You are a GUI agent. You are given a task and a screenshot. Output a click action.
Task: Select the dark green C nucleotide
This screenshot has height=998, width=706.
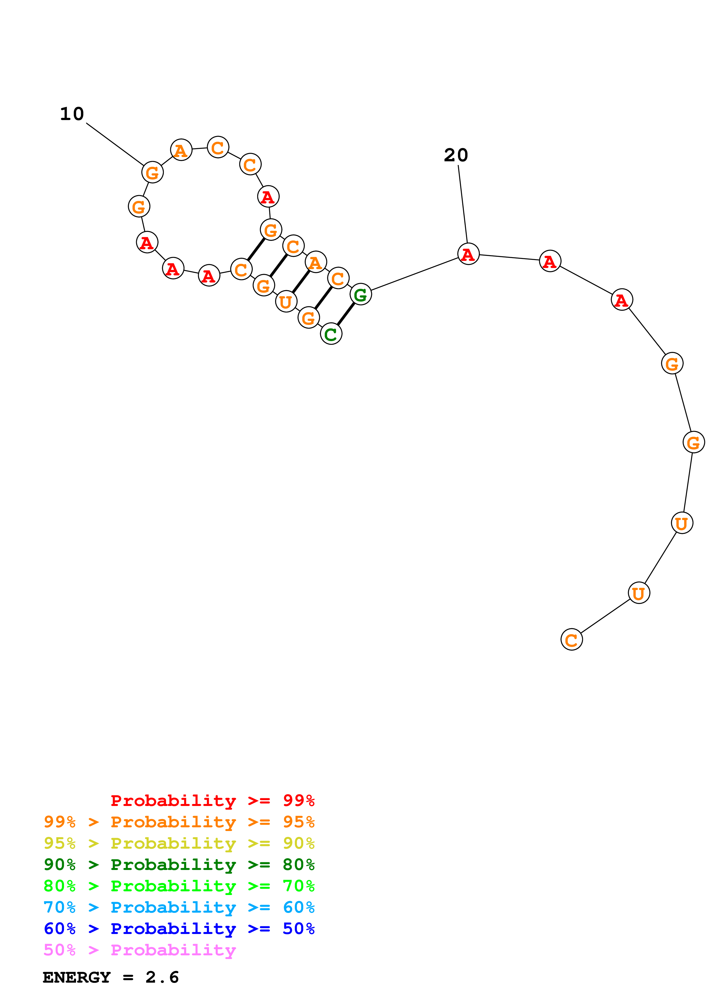(331, 334)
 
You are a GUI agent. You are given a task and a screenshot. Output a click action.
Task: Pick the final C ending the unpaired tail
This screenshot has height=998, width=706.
(571, 640)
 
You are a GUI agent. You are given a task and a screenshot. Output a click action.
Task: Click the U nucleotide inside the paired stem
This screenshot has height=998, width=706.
(286, 301)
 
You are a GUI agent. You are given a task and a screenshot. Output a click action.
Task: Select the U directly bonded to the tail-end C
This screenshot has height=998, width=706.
(639, 593)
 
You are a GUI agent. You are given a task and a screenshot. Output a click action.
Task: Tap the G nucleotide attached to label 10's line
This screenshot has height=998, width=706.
(152, 172)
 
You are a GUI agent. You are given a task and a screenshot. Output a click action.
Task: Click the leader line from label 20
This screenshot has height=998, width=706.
(463, 204)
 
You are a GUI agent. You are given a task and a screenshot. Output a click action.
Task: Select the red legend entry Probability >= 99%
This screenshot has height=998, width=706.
(212, 801)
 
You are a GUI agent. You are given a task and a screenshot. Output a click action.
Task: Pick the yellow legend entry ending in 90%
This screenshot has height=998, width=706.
(179, 843)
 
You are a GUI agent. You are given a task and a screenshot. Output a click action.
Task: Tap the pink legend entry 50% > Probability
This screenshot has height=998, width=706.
(140, 950)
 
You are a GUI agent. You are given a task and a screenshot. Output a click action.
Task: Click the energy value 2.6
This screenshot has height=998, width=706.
(162, 978)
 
